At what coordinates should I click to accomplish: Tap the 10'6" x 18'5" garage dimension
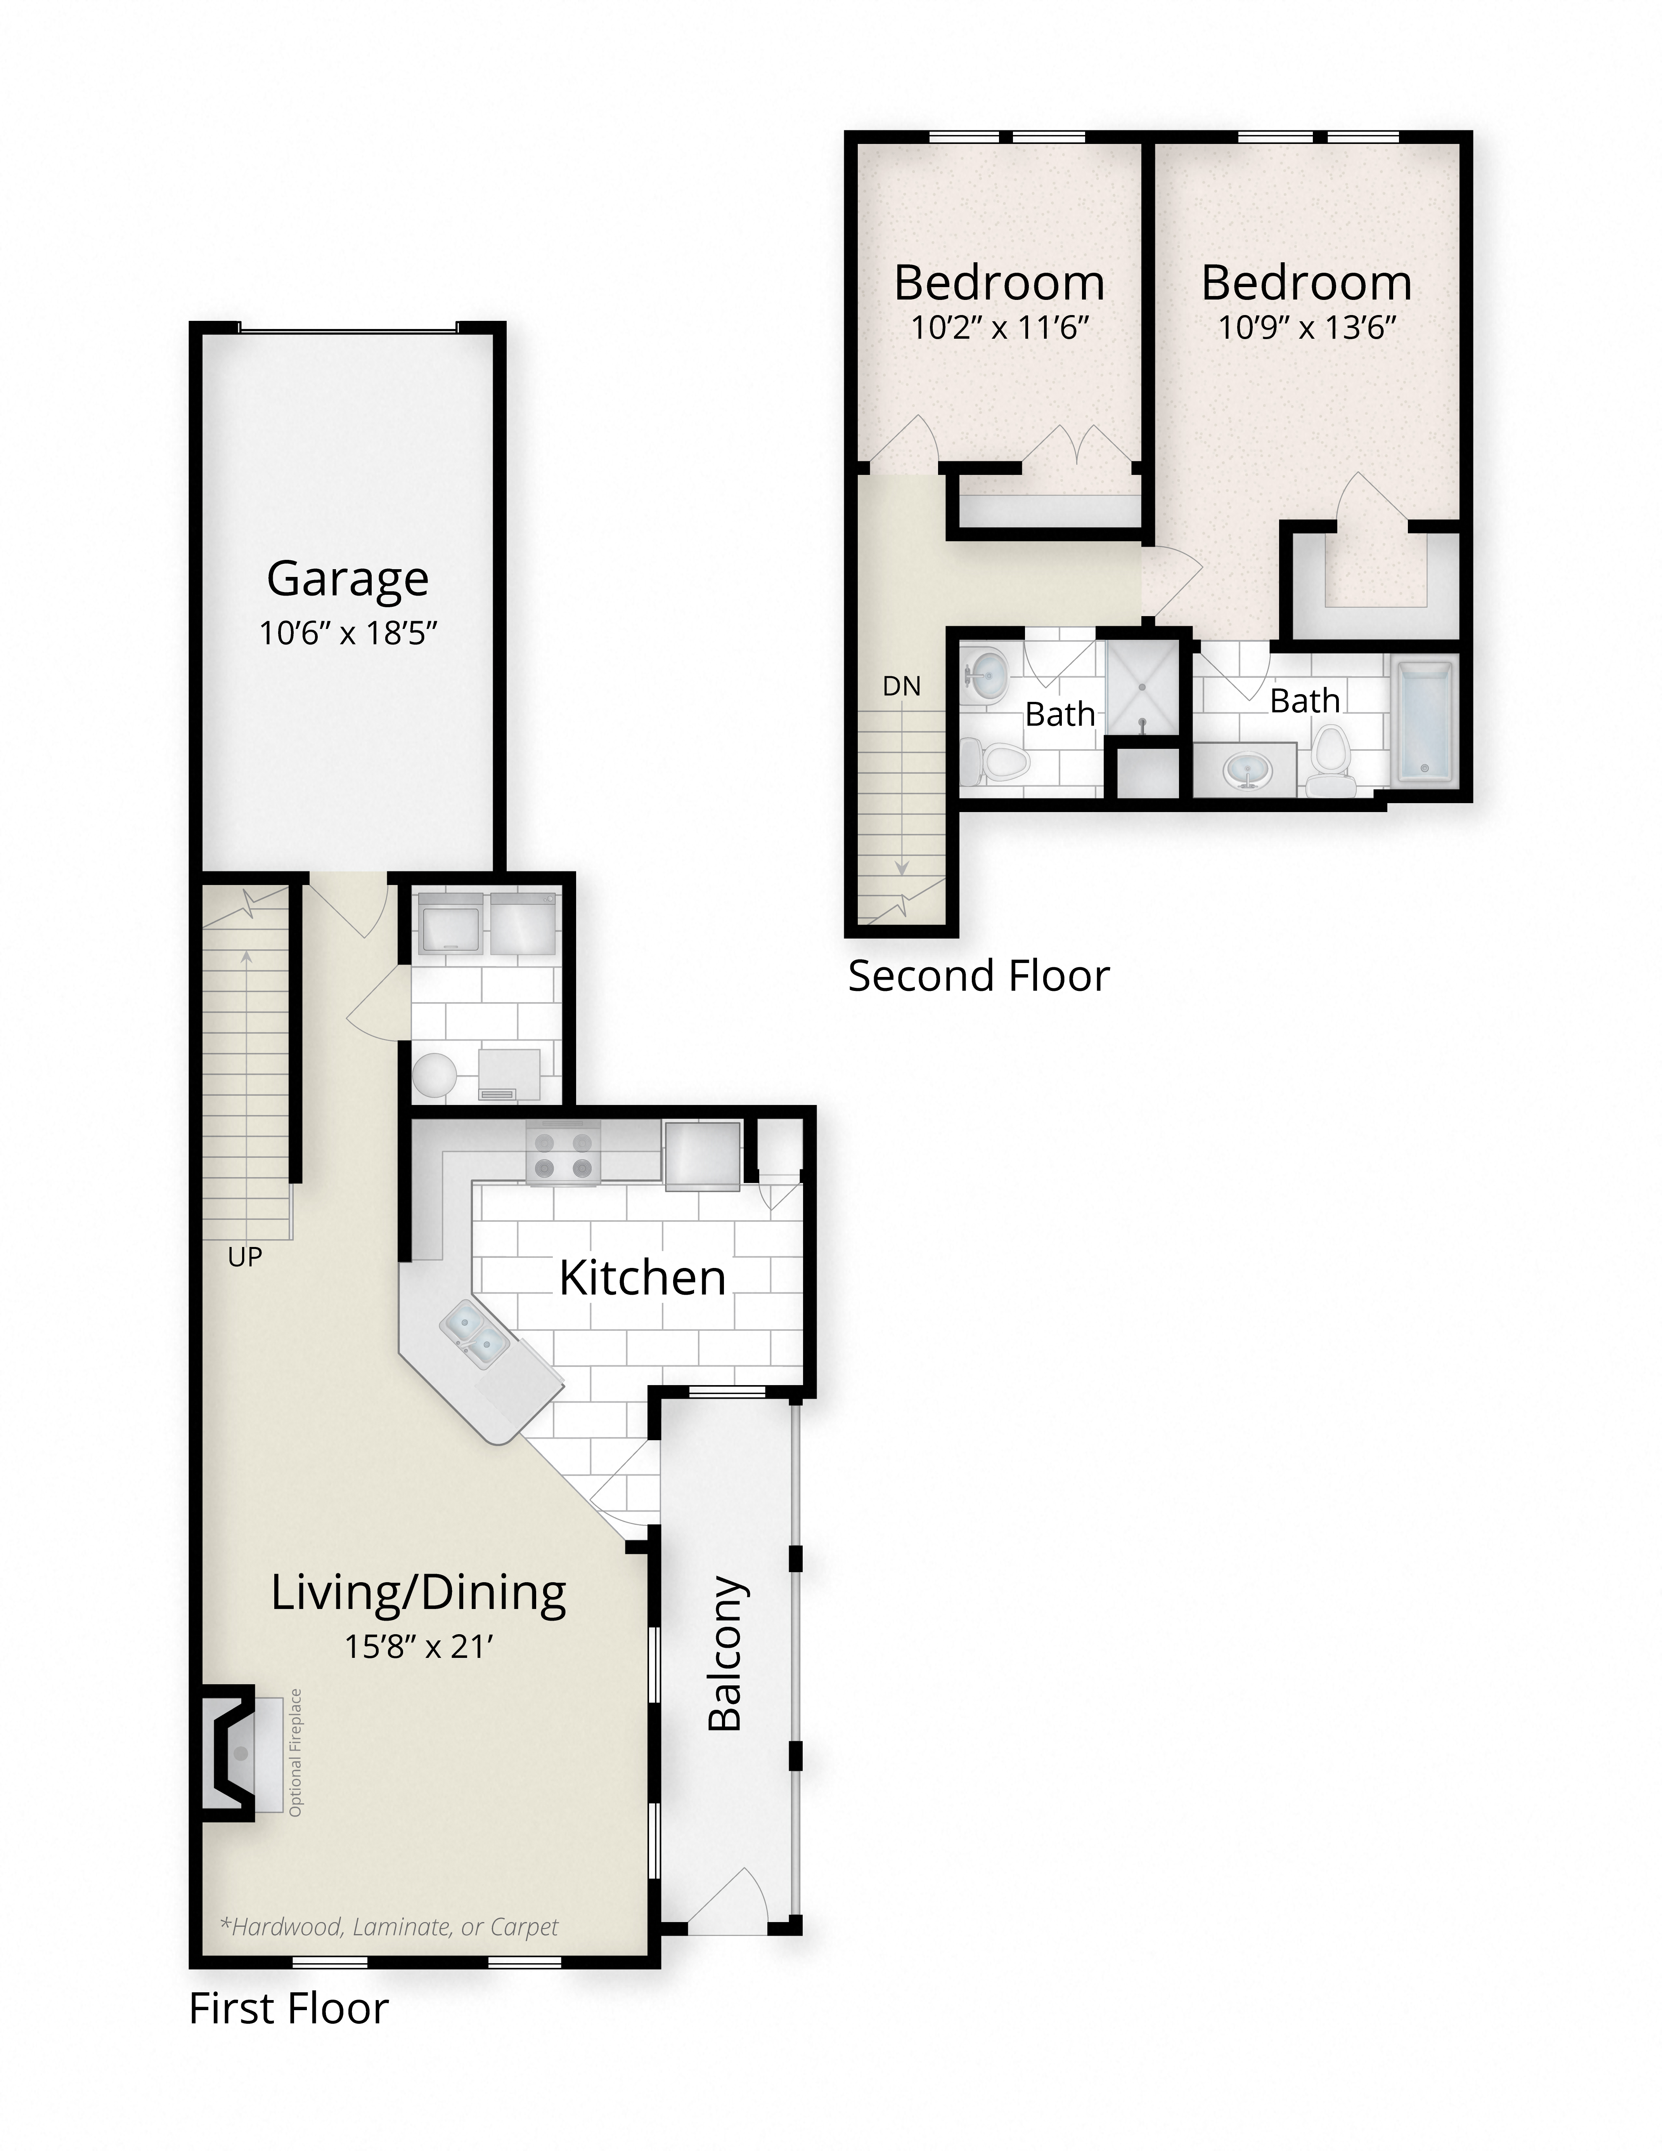(348, 632)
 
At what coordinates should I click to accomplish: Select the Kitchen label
(642, 1278)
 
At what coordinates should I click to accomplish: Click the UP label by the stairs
(245, 1258)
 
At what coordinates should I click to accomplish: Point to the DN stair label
(902, 686)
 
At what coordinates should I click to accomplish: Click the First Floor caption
(289, 2008)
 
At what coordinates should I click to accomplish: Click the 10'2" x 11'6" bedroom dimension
(999, 327)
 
